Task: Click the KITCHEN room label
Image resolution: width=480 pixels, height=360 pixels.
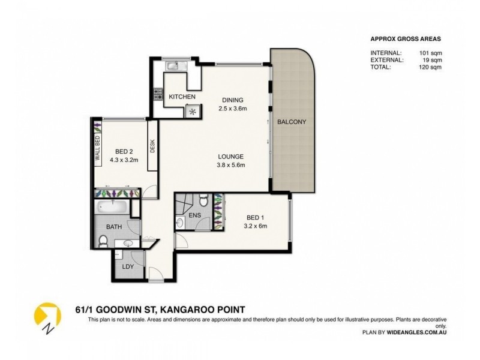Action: point(182,97)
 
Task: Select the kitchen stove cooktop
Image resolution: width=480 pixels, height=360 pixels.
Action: point(159,94)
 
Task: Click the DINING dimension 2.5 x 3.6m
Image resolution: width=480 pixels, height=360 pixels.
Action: point(233,109)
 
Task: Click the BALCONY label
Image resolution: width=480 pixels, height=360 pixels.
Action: point(292,122)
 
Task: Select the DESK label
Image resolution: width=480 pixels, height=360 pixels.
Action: point(152,146)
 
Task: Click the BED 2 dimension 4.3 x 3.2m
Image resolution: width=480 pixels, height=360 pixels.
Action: point(124,160)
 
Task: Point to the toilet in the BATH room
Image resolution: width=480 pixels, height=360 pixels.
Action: point(103,241)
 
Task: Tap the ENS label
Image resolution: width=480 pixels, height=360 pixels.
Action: point(194,214)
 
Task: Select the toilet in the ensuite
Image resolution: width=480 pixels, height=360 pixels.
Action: point(202,200)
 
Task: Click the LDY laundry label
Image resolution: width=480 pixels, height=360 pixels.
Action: point(128,265)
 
